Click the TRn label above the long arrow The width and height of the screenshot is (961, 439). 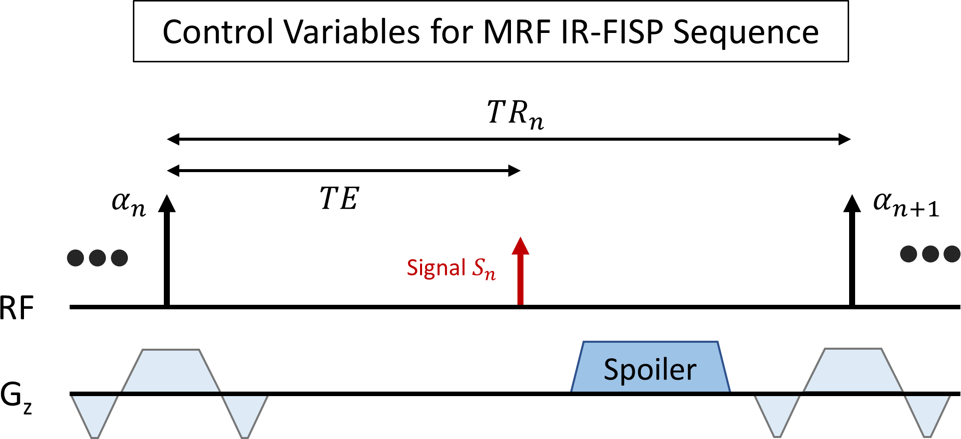click(x=514, y=114)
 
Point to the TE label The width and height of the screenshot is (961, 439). click(x=339, y=199)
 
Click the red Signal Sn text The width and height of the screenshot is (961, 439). click(x=451, y=268)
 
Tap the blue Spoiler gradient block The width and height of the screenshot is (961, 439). click(x=650, y=368)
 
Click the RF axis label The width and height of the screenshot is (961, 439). click(x=16, y=308)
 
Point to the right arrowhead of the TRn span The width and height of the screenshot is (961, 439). click(x=844, y=139)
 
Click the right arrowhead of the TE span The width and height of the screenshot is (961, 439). click(x=514, y=171)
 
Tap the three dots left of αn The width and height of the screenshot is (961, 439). click(x=97, y=258)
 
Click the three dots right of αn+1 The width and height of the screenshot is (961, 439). click(x=930, y=254)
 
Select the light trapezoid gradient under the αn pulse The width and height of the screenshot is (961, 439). click(x=171, y=371)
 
